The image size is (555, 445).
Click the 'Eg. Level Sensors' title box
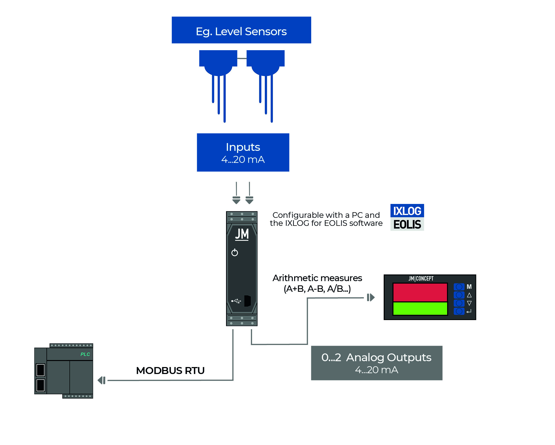(241, 30)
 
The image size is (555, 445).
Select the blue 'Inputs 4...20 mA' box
(243, 152)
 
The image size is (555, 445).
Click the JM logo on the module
(242, 234)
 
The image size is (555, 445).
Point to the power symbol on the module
(234, 252)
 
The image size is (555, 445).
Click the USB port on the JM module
(248, 301)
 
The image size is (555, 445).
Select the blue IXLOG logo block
(407, 211)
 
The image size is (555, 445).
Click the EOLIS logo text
(407, 225)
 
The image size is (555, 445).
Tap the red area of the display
(420, 292)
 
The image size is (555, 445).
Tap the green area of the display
(420, 309)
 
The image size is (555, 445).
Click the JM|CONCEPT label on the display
(421, 278)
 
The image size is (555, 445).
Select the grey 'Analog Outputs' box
(376, 363)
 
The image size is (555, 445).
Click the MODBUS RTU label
(170, 371)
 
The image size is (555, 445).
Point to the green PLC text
(85, 354)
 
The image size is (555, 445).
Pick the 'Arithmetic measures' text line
(317, 278)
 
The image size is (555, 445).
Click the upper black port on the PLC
(40, 370)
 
